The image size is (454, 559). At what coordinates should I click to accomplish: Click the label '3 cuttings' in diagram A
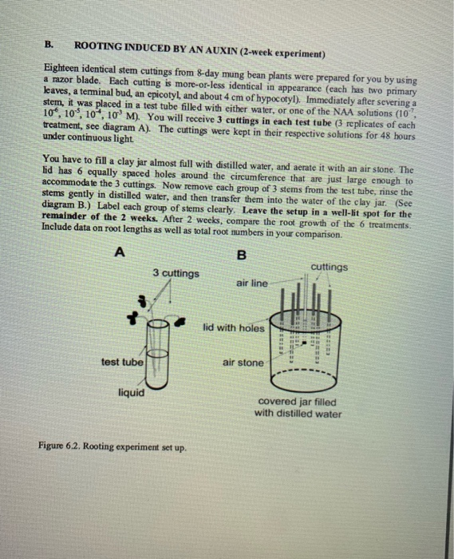coord(176,274)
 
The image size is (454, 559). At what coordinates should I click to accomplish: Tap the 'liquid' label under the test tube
coord(131,392)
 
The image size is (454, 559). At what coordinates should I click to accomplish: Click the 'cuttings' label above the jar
coord(330,268)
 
